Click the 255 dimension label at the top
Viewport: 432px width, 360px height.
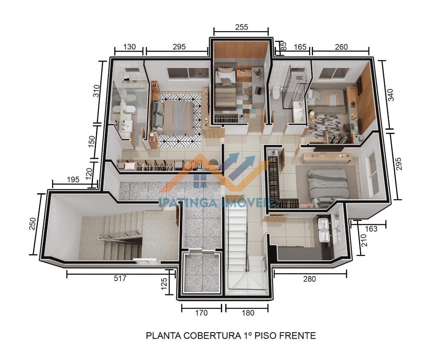tap(241, 27)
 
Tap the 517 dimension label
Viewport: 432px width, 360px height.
tap(120, 279)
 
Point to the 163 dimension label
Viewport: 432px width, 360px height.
tap(371, 229)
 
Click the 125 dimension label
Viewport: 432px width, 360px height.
tap(164, 284)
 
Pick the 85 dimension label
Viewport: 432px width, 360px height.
tap(283, 46)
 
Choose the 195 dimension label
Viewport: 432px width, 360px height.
tap(73, 180)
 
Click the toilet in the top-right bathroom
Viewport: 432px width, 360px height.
tap(275, 92)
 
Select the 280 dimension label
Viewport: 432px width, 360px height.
tap(310, 279)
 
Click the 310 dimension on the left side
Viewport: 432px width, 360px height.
tap(96, 91)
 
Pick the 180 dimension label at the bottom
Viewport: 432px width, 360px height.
tap(248, 313)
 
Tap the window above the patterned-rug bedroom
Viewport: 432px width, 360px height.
tap(188, 73)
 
